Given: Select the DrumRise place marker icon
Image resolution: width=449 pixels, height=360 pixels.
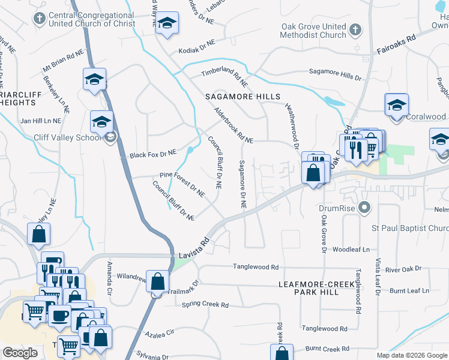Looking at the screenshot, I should coord(363,208).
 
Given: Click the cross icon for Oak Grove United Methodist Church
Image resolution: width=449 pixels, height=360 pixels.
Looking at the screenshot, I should coord(355,29).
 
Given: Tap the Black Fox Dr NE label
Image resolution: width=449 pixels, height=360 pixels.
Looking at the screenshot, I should coord(152,154).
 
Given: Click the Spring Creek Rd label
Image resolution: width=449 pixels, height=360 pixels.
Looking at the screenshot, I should coord(205,305).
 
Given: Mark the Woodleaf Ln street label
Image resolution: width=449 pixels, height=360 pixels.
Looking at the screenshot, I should coord(351,249).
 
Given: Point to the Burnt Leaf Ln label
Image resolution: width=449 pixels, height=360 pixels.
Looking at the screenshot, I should coord(409,290).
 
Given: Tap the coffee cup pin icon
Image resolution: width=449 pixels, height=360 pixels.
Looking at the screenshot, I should coord(59,316).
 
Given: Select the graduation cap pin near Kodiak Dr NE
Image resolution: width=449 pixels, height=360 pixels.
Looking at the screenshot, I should coord(166,23).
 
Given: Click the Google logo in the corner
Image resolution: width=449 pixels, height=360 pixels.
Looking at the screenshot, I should coord(20,353).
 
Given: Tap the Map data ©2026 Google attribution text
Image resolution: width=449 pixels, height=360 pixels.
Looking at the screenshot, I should coord(411,355).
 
